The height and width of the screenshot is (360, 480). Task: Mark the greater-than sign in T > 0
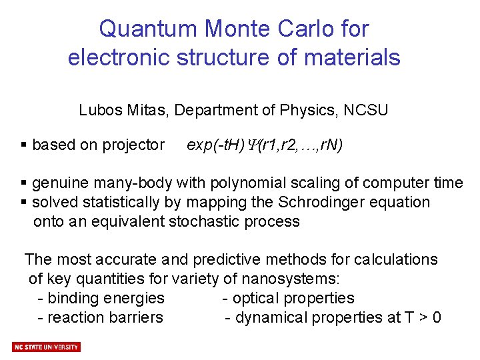click(419, 318)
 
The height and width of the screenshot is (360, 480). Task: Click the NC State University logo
click(46, 347)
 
